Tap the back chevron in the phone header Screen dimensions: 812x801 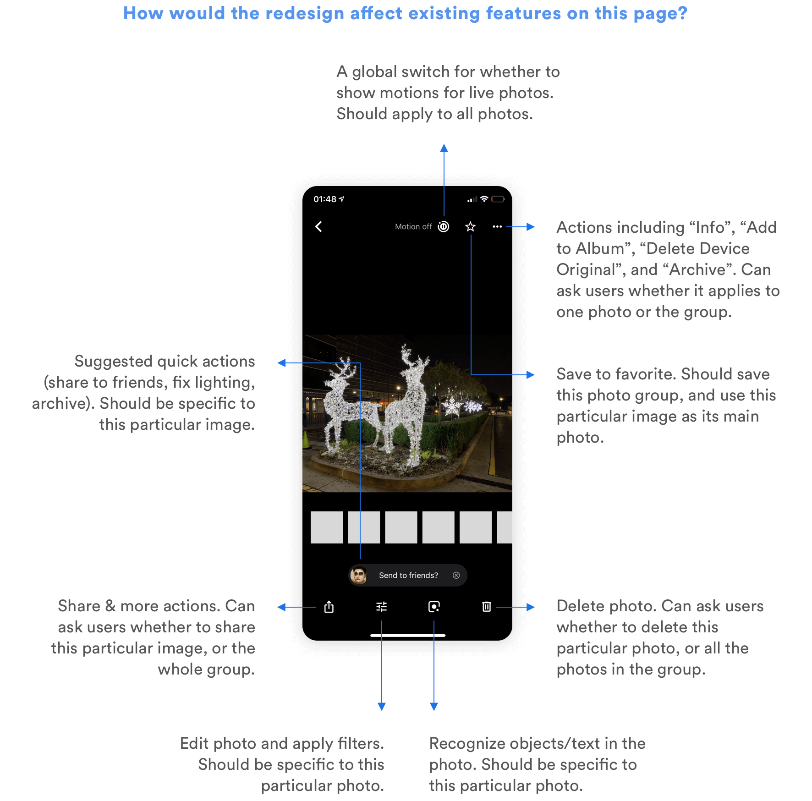pyautogui.click(x=318, y=226)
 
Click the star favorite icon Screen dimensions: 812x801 pyautogui.click(x=470, y=226)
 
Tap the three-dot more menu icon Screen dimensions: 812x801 pyautogui.click(x=497, y=226)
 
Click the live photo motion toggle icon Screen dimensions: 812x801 pyautogui.click(x=444, y=226)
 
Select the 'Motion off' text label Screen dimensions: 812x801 pyautogui.click(x=413, y=226)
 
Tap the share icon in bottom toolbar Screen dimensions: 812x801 pyautogui.click(x=329, y=607)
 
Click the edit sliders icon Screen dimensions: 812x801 pyautogui.click(x=381, y=607)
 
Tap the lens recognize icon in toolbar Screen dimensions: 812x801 pyautogui.click(x=434, y=607)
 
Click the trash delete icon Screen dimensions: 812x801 pyautogui.click(x=487, y=607)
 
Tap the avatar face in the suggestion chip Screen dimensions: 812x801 pyautogui.click(x=359, y=575)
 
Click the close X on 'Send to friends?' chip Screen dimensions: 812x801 pyautogui.click(x=456, y=575)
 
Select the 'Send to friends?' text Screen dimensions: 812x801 pyautogui.click(x=408, y=575)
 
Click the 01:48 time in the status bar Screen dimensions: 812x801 pyautogui.click(x=325, y=199)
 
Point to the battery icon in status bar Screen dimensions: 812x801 pyautogui.click(x=498, y=199)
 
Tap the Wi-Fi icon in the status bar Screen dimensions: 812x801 pyautogui.click(x=484, y=199)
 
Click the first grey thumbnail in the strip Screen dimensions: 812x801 pyautogui.click(x=327, y=527)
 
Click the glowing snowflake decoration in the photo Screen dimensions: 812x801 pyautogui.click(x=452, y=406)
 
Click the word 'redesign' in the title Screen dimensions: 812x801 pyautogui.click(x=305, y=13)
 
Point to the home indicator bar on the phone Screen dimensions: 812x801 pyautogui.click(x=408, y=636)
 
